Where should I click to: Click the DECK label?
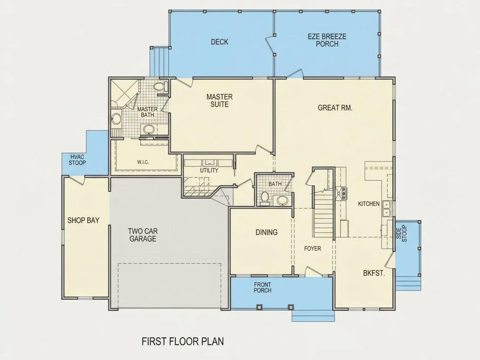[219, 42]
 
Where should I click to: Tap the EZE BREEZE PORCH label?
[327, 40]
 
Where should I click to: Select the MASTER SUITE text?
[219, 100]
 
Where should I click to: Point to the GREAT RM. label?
[335, 108]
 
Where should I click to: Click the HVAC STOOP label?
[77, 160]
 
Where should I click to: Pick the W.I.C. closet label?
[143, 162]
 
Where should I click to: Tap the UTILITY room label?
[209, 170]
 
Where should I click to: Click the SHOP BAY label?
[83, 220]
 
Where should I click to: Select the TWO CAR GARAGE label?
[143, 235]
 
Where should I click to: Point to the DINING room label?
[266, 232]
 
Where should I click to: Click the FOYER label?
[312, 249]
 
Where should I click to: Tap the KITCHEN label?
[369, 204]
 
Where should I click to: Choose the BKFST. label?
[374, 273]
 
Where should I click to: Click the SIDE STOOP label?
[401, 233]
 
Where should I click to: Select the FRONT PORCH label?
[262, 288]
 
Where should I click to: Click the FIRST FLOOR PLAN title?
[183, 341]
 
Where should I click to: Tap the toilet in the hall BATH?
[265, 199]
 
